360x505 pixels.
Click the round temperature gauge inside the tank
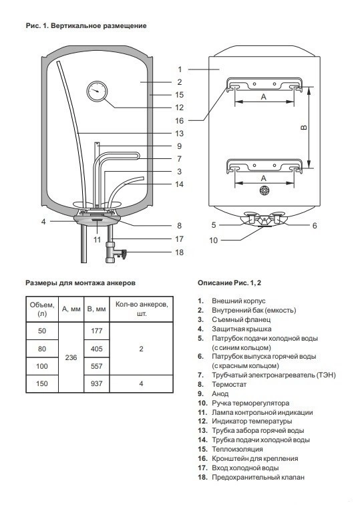[97, 91]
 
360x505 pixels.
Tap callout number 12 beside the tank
[180, 108]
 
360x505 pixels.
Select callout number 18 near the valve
[180, 252]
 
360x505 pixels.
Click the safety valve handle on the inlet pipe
[123, 254]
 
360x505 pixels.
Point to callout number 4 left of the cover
[43, 222]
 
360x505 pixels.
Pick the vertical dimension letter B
[303, 128]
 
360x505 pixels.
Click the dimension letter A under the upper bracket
[264, 96]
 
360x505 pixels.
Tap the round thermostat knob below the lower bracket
[264, 190]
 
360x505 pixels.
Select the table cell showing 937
[97, 383]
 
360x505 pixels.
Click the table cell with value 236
[71, 357]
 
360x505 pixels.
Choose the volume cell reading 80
[42, 349]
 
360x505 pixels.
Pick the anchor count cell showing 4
[141, 383]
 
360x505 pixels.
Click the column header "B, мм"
[97, 309]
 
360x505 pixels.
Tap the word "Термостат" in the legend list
[229, 384]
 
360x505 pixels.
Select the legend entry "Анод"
[220, 393]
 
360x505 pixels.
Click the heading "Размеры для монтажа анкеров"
[80, 283]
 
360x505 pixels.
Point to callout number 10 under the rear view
[213, 240]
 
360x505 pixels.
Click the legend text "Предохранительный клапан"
[258, 478]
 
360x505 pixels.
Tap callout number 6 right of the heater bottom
[315, 226]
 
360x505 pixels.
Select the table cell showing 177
[97, 331]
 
